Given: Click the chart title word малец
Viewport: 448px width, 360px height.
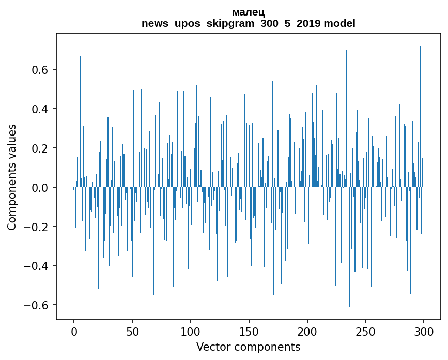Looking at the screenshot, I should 249,12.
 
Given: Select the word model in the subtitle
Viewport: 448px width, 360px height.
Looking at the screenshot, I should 339,23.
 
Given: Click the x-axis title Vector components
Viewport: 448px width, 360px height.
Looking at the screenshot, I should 248,347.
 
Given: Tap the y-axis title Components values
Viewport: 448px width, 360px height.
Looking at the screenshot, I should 12,177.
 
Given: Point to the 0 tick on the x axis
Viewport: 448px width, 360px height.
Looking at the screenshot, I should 74,331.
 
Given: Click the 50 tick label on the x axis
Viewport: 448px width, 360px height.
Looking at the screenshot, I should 132,331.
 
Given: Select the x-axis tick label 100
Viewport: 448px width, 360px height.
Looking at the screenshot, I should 191,331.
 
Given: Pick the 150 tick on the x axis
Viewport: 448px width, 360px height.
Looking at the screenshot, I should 249,331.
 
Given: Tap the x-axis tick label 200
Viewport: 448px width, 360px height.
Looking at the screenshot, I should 307,331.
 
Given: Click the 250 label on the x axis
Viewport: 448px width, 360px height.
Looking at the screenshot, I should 366,331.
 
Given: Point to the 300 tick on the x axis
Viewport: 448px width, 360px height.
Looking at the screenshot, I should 424,331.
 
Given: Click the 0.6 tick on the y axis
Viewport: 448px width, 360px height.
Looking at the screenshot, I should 40,70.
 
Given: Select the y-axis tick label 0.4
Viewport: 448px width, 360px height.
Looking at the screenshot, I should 40,109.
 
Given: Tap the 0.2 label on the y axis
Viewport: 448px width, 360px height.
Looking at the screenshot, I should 40,148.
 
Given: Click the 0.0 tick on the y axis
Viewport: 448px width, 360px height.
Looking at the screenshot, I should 40,188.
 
